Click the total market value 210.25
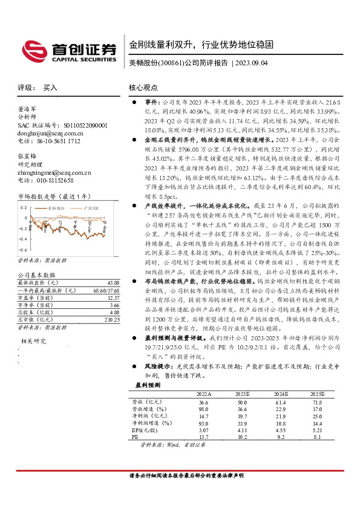111,319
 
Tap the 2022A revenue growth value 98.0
203,409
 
